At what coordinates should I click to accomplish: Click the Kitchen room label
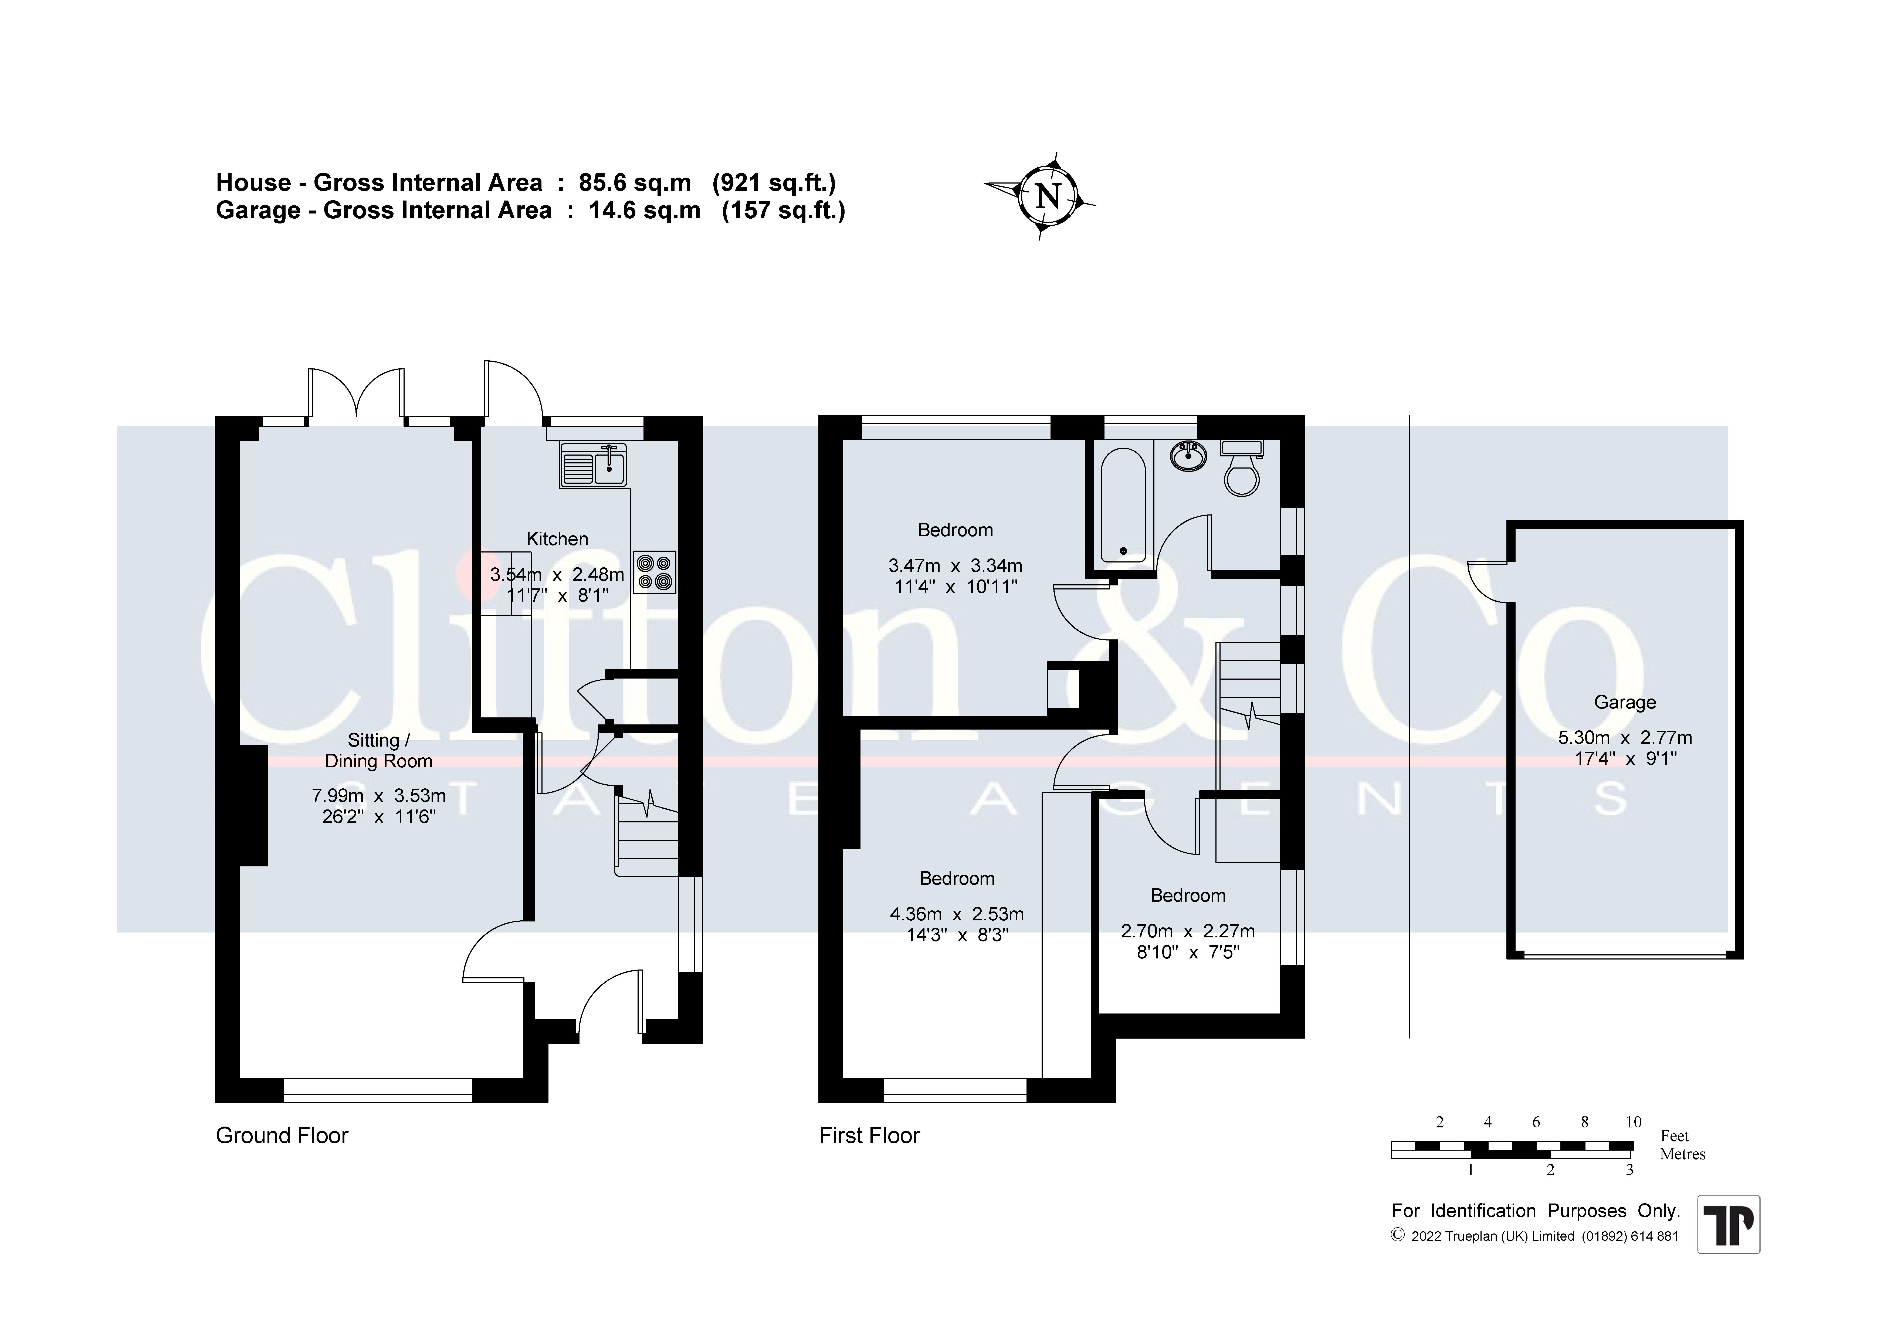[558, 539]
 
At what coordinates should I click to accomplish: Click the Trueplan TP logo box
[1728, 1224]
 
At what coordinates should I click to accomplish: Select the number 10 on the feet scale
[1633, 1122]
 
